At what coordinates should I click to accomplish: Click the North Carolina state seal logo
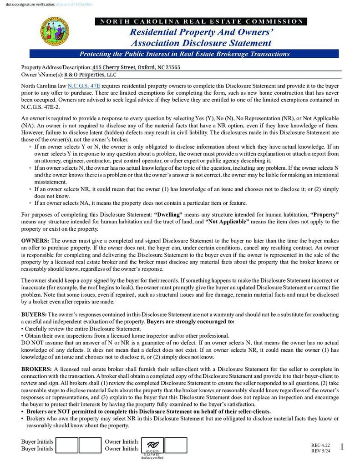coord(55,31)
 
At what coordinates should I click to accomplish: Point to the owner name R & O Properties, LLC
coord(90,75)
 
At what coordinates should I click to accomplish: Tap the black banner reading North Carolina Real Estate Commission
coord(201,21)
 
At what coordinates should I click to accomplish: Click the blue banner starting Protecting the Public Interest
coord(184,54)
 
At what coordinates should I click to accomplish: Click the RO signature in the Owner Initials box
coord(152,445)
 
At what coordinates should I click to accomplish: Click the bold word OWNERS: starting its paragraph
coord(35,240)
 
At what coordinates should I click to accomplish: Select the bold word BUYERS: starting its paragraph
coord(34,314)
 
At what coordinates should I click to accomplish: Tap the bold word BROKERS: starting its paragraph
coord(36,369)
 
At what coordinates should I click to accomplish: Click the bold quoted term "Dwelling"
coord(168,214)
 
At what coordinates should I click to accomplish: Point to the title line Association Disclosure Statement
coord(201,43)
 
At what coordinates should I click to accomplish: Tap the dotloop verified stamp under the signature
coord(152,457)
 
